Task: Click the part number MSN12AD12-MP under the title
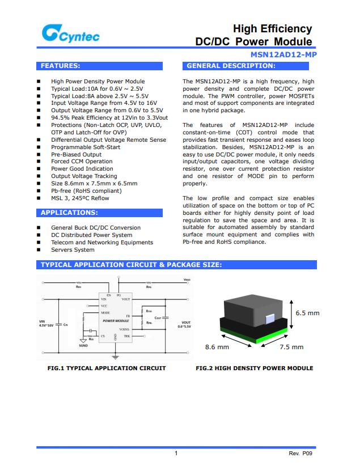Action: click(283, 54)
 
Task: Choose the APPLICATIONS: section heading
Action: click(69, 213)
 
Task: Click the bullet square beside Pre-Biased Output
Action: click(39, 154)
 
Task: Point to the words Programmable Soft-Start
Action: click(86, 147)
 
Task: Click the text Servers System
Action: click(73, 249)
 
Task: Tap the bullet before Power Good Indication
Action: click(39, 169)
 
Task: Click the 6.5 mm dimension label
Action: click(307, 313)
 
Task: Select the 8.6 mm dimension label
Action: click(217, 347)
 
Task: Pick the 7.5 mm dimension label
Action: click(291, 347)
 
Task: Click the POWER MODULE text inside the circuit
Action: click(116, 321)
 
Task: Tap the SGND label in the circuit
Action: click(83, 345)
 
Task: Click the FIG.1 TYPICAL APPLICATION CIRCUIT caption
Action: click(107, 368)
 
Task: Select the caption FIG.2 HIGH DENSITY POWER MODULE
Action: click(254, 368)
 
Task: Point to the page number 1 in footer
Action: click(176, 454)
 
